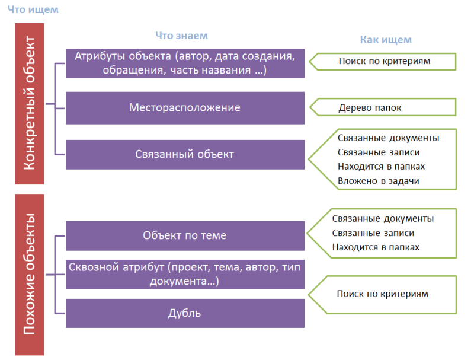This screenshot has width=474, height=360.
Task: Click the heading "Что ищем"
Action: [33, 9]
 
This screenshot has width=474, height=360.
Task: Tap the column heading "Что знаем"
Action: [182, 36]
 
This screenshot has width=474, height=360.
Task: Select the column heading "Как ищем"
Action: [386, 40]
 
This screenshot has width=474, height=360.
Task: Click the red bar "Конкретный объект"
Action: [30, 103]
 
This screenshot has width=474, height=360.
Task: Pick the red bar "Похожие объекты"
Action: [30, 275]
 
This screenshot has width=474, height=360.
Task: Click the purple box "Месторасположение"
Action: [185, 108]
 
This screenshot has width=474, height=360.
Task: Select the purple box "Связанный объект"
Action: [185, 154]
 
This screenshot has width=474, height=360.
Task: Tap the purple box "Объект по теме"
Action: [185, 235]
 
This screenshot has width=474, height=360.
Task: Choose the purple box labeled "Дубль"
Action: [185, 313]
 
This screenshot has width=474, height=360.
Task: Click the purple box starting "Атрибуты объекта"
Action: [185, 63]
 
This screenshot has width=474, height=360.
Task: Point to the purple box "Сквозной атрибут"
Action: [185, 275]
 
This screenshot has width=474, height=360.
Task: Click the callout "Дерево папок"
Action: [383, 107]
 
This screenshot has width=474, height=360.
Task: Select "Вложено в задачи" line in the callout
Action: [379, 181]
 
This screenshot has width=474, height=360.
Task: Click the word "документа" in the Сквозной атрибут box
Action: [178, 282]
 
